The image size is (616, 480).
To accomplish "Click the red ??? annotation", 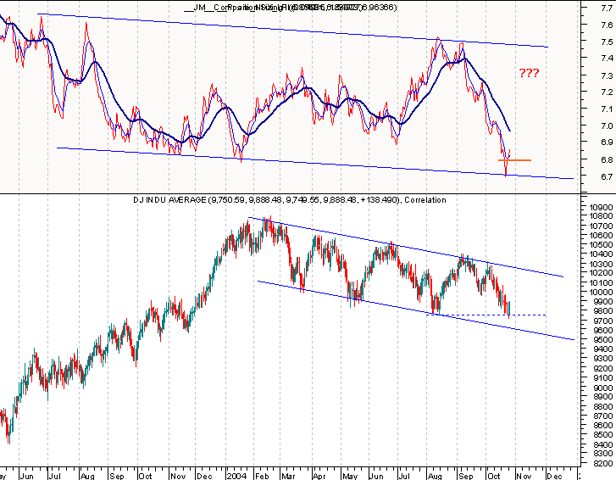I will pos(529,74).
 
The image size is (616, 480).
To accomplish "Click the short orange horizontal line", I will pos(516,159).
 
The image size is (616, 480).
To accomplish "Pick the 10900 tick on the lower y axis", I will pos(600,207).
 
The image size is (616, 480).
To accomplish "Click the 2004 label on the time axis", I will pos(238,474).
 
